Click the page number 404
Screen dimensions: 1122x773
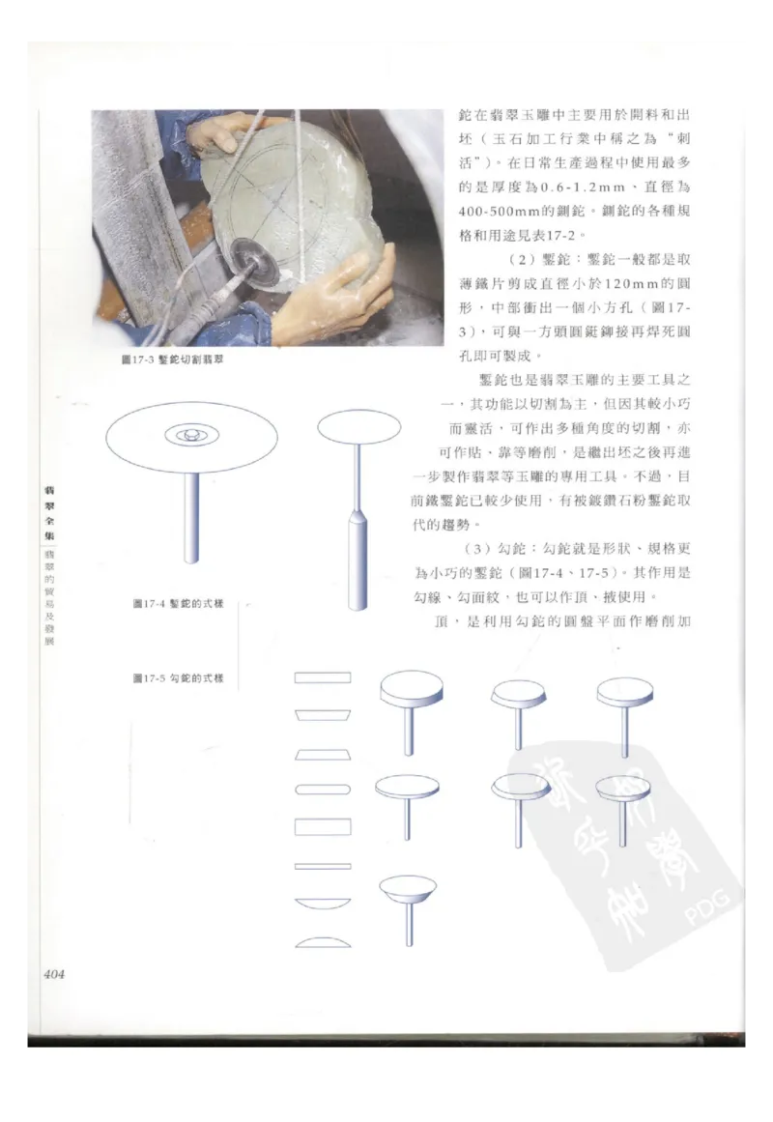pos(53,974)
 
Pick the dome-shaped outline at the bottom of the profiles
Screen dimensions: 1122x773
pos(323,940)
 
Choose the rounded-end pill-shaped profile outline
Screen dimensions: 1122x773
pos(323,790)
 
